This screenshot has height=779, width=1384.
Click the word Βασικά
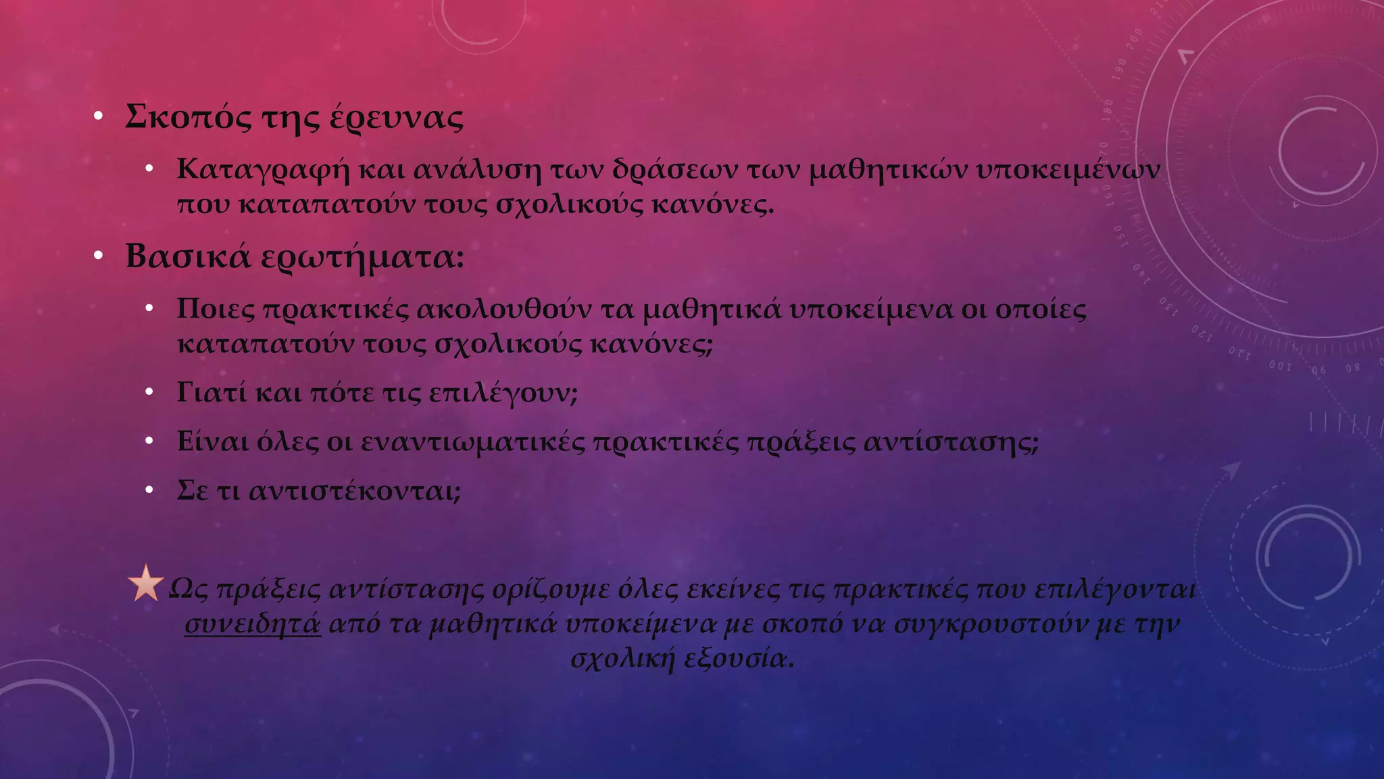tap(188, 256)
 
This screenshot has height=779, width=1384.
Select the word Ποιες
tap(216, 309)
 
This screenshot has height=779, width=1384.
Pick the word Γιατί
tap(212, 392)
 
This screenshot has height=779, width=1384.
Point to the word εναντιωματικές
tap(472, 442)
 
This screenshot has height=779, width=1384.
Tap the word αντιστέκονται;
tap(355, 491)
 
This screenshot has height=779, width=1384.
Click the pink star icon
tap(145, 584)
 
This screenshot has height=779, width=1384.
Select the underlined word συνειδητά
tap(253, 624)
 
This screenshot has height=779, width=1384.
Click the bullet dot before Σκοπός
tap(99, 116)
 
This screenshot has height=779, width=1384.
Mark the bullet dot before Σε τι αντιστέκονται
tap(149, 490)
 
